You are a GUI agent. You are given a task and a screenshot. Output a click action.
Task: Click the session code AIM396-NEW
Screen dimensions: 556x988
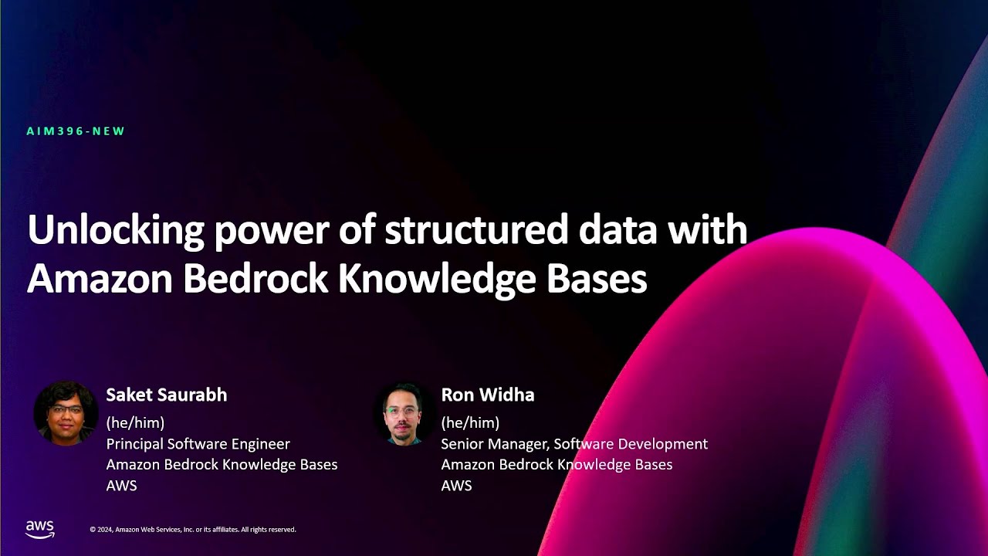[x=76, y=131]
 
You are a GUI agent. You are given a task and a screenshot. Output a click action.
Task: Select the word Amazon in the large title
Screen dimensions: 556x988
[x=99, y=280]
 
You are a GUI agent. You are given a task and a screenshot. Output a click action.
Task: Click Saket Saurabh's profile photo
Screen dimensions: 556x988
[x=66, y=413]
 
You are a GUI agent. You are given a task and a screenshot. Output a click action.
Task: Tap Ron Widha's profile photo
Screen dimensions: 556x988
[x=404, y=413]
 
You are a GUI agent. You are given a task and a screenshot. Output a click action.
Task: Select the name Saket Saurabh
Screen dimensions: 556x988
[x=167, y=395]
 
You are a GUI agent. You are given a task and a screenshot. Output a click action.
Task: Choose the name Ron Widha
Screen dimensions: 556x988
[x=488, y=395]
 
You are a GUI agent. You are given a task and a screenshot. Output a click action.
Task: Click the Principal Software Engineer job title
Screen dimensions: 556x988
[x=198, y=444]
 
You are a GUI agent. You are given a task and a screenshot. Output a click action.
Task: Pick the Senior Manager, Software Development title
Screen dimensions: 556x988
[x=574, y=444]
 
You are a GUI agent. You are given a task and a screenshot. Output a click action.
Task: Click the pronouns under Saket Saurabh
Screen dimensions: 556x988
[x=135, y=423]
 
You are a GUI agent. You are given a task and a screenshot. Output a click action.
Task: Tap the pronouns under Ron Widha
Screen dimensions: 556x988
[x=470, y=423]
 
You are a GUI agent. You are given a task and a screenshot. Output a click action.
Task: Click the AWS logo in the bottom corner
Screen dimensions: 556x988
[x=40, y=529]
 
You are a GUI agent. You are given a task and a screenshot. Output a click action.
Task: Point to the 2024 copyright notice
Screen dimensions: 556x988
[x=193, y=530]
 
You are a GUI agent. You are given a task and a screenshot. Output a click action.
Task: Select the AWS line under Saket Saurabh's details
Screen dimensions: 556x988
[x=121, y=486]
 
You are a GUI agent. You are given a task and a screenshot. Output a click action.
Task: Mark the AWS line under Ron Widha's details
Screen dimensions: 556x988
[x=456, y=486]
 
